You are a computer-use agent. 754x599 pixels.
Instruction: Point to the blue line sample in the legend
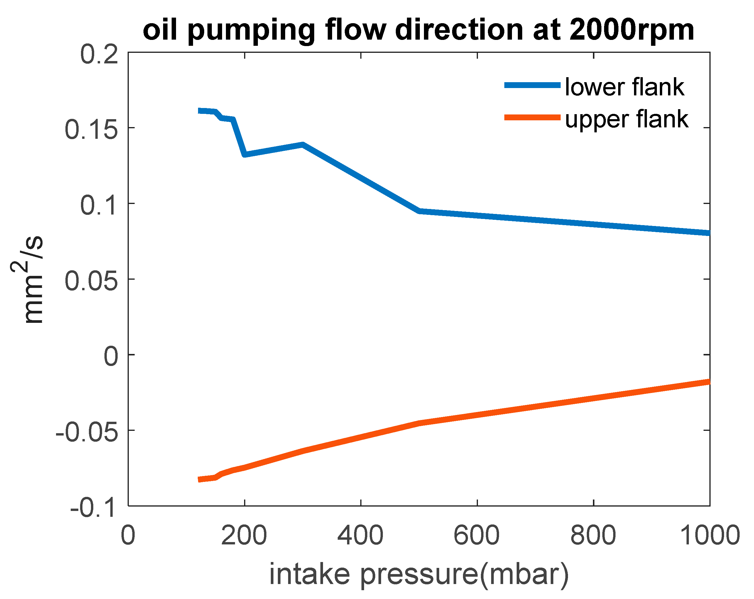click(532, 85)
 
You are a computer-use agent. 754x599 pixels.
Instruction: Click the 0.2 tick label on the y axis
click(99, 55)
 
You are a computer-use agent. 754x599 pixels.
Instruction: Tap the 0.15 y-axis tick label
click(91, 130)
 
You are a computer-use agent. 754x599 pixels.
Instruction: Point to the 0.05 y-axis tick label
click(91, 282)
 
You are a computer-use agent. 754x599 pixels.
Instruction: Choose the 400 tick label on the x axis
click(360, 536)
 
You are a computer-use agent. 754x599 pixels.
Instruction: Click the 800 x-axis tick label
click(593, 536)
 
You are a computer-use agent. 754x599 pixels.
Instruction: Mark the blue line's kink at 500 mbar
click(419, 211)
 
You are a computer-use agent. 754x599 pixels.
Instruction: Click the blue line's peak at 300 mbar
click(303, 144)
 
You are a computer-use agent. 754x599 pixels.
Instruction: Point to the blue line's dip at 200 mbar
click(245, 154)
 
